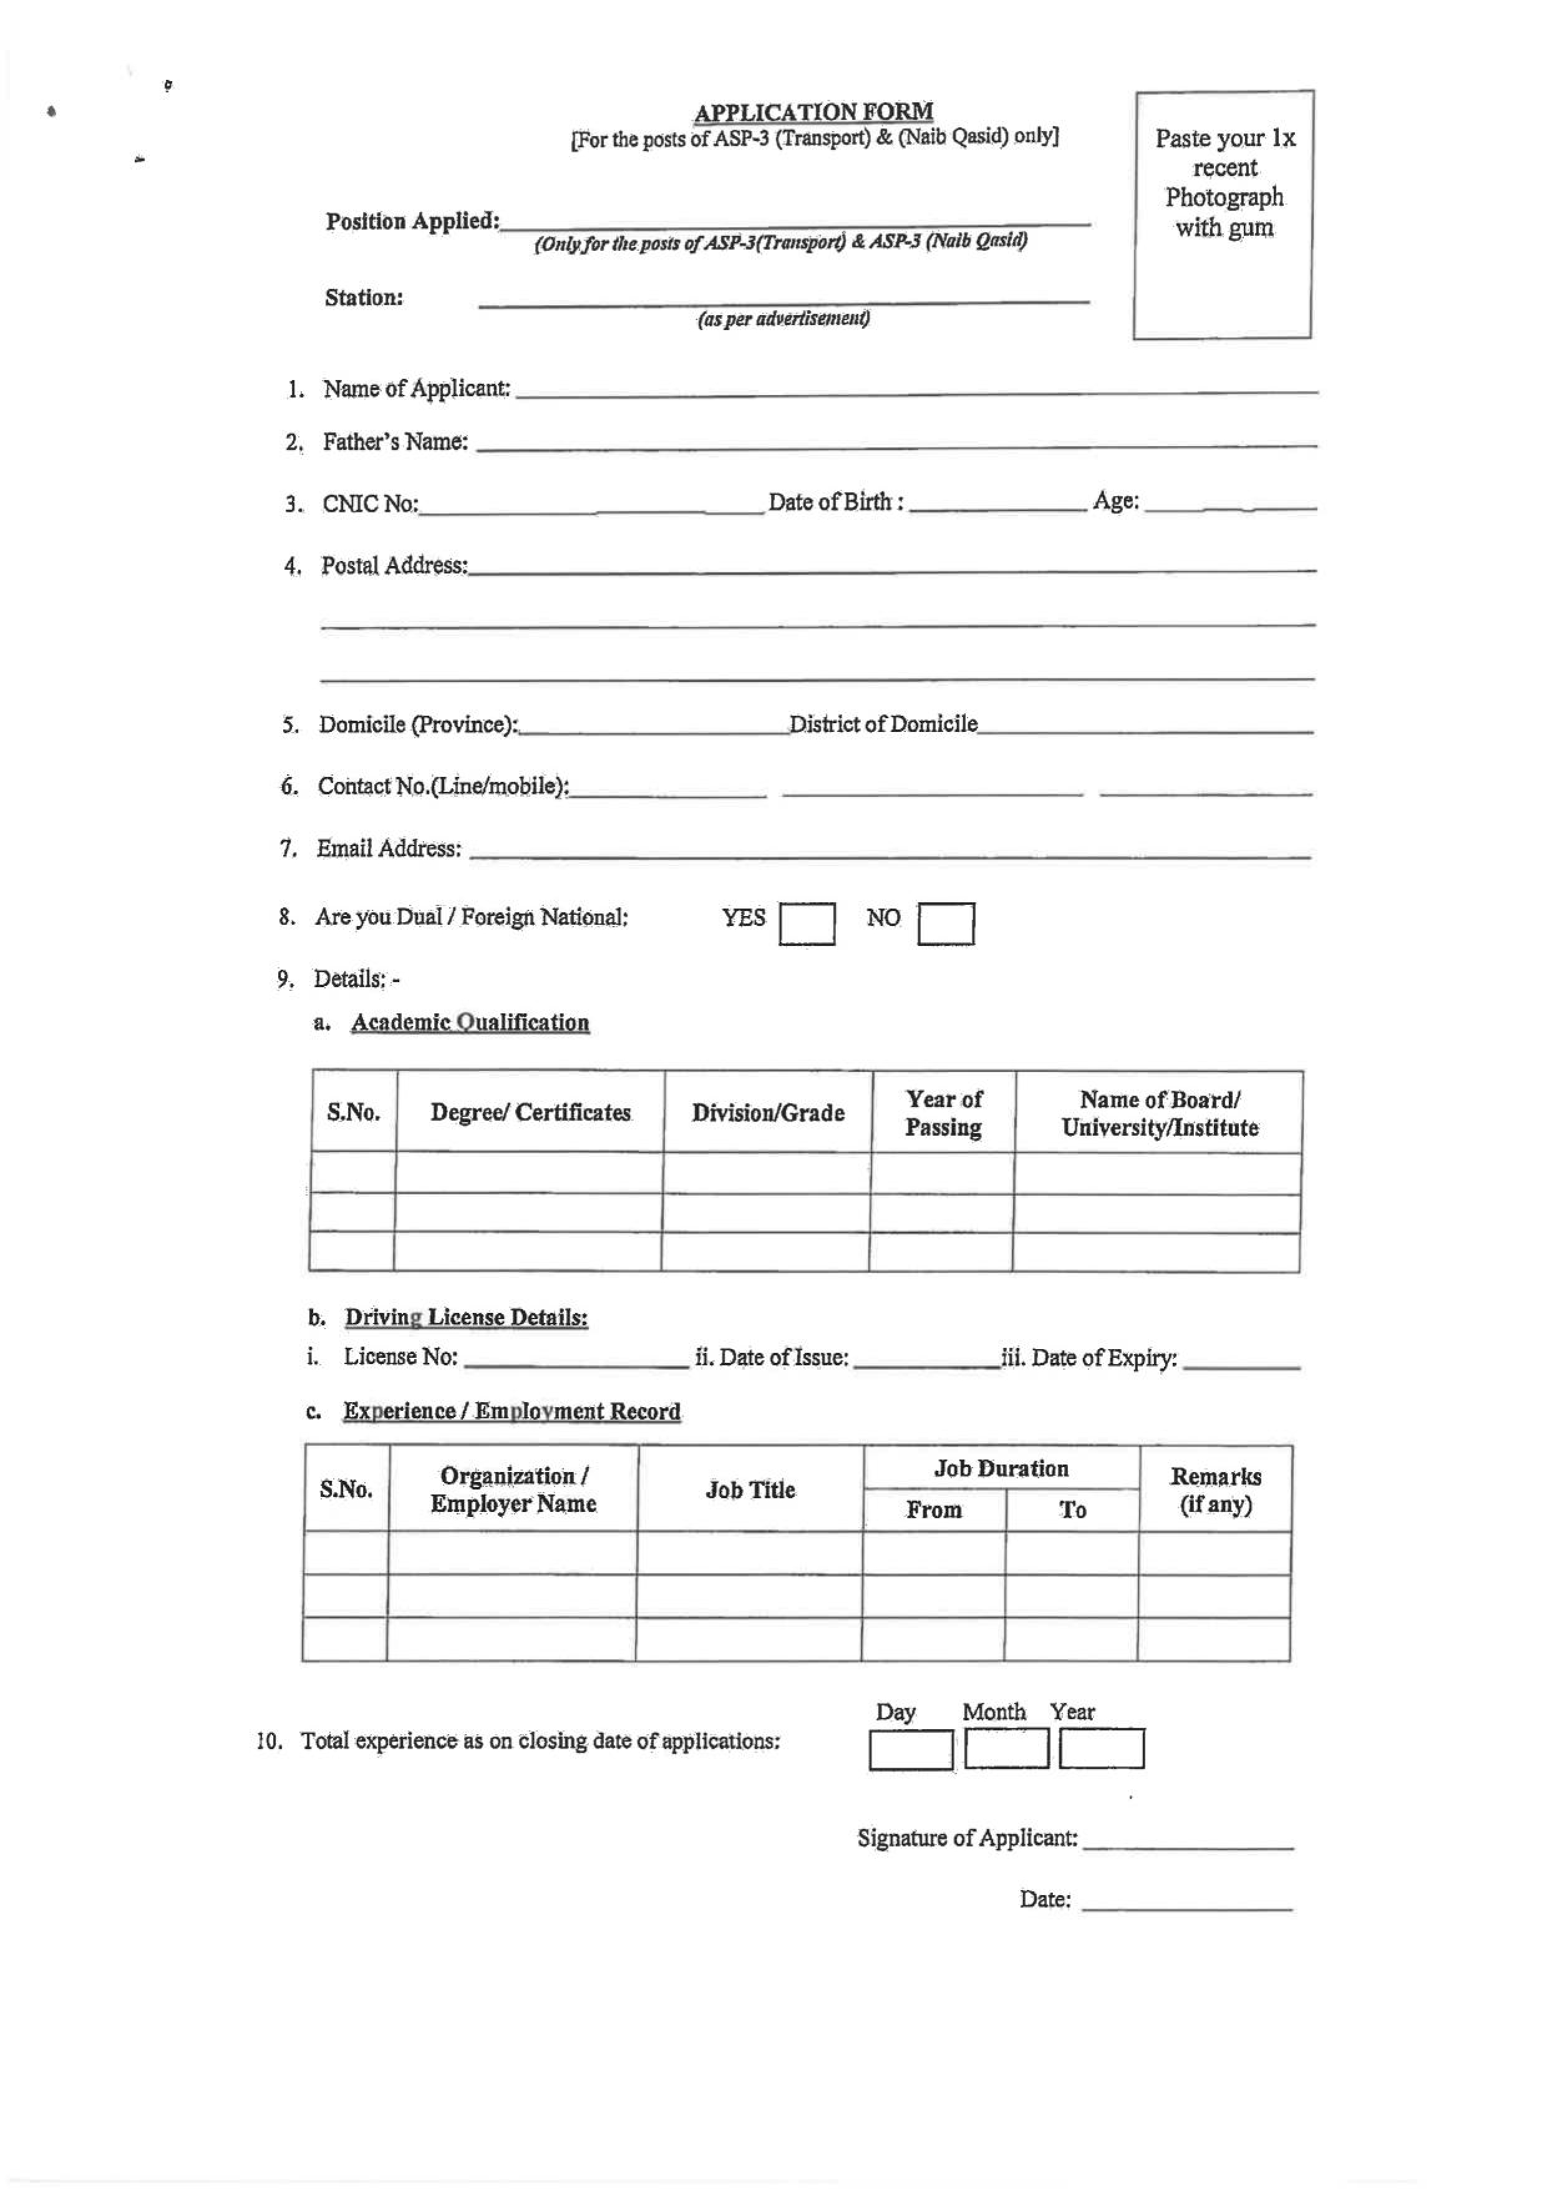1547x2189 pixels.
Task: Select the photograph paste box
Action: click(1223, 215)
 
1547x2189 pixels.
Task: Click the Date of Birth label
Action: click(835, 502)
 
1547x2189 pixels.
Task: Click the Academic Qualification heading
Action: click(470, 1022)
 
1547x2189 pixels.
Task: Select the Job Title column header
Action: click(750, 1489)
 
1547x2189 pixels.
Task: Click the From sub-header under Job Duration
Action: click(933, 1509)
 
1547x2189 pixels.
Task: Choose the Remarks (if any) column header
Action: click(1215, 1490)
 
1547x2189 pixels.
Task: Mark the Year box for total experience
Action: click(1101, 1748)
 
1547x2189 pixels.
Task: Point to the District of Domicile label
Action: click(883, 724)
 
